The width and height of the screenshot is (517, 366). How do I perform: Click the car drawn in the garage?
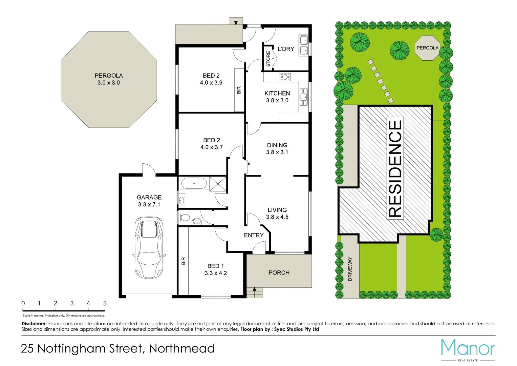pos(149,247)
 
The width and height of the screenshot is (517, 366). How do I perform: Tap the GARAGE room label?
pos(149,197)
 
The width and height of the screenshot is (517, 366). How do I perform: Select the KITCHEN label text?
pos(277,93)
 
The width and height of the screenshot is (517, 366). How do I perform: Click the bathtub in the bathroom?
pos(194,183)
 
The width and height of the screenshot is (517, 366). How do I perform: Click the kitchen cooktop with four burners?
pos(285,77)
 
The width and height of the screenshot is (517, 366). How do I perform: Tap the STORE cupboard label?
pos(268,59)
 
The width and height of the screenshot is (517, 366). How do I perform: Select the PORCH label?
pos(279,272)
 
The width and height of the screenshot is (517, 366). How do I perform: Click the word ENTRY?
pos(254,235)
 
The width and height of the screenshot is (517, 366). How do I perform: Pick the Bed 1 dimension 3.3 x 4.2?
pos(216,273)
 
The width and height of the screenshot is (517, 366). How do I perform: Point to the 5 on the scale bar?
pos(105,303)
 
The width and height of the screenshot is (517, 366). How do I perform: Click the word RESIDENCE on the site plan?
pos(395,168)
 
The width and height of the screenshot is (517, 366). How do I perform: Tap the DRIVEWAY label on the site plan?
pos(350,269)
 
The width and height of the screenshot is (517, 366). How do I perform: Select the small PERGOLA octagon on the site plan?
pos(427,48)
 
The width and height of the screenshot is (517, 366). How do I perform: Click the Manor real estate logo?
pos(468,349)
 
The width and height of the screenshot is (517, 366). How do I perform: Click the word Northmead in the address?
pos(182,348)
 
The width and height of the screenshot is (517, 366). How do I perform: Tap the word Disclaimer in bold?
pos(34,324)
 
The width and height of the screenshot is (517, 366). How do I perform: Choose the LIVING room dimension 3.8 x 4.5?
pos(277,217)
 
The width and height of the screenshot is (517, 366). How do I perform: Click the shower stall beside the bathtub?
pos(218,183)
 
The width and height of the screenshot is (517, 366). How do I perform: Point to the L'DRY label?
pos(286,49)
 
